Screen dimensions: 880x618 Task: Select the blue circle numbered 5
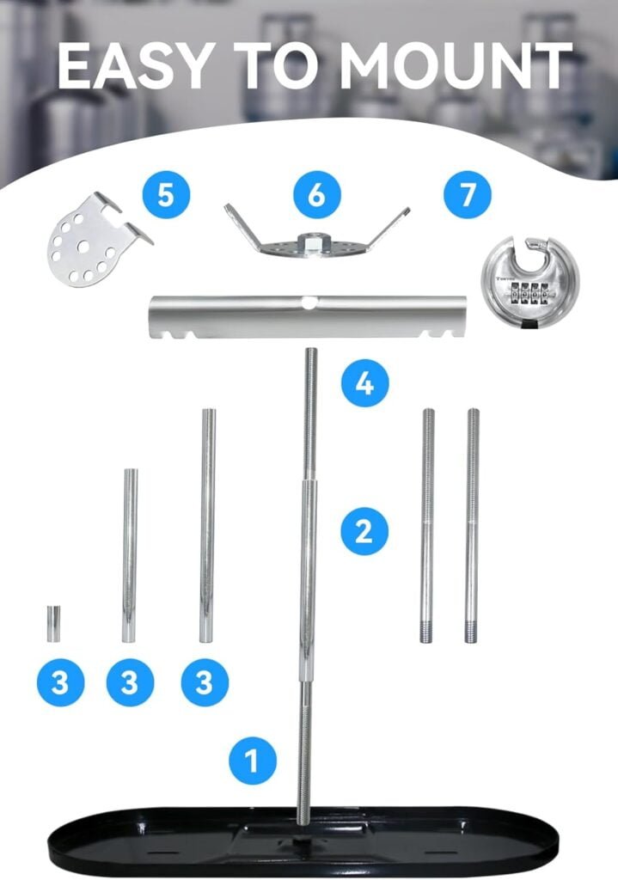pos(166,194)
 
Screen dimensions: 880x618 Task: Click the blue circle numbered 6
pos(316,194)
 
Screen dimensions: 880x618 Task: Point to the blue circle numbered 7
pos(467,194)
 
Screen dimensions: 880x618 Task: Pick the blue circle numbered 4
pos(364,382)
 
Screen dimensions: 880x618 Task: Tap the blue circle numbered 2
pos(364,530)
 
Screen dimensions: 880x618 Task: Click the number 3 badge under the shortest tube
pos(60,683)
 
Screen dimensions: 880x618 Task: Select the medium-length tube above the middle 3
pos(129,554)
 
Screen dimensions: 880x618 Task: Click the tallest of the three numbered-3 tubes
pos(206,525)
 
